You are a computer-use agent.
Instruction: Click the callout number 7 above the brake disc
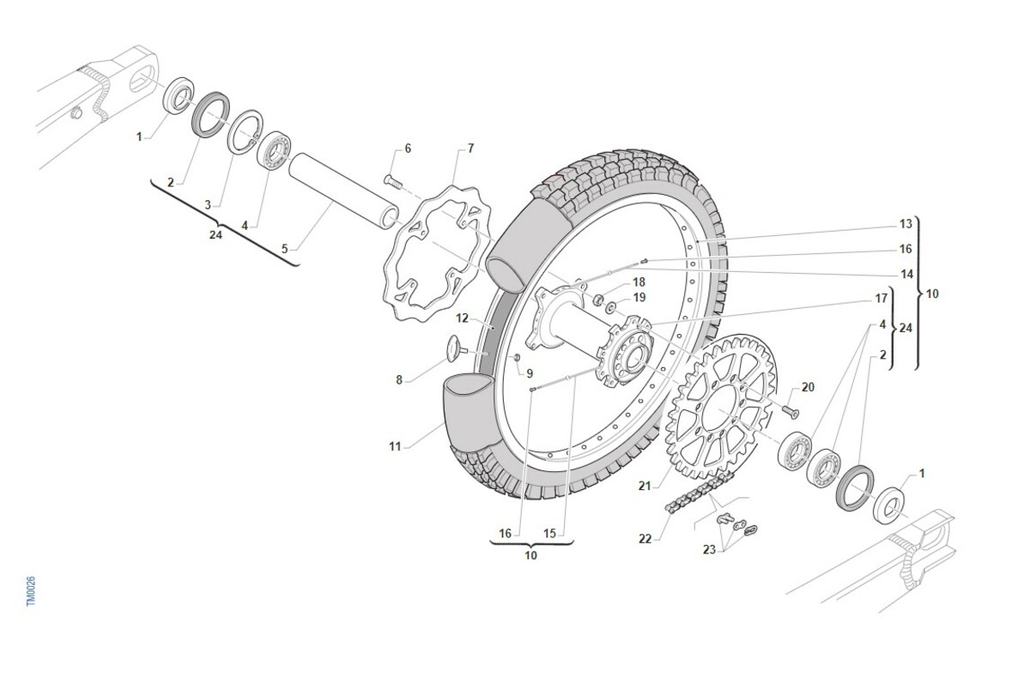point(470,148)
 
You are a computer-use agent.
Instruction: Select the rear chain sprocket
point(720,406)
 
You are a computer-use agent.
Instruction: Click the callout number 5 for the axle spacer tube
point(285,249)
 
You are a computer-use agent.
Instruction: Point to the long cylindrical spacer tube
point(343,191)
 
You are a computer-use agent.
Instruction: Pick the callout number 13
point(906,224)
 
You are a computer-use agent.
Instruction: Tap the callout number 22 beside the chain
point(645,539)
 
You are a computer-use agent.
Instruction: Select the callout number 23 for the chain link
point(709,549)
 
